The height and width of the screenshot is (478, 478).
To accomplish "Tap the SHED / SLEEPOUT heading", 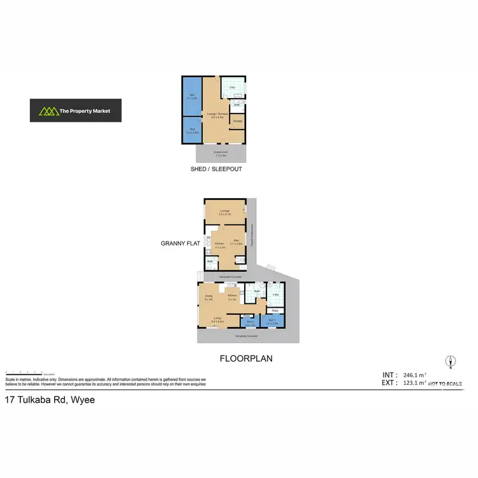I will click(x=216, y=170).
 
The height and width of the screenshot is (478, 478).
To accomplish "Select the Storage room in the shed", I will click(x=237, y=121).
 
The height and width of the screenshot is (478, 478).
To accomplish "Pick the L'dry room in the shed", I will click(x=233, y=87).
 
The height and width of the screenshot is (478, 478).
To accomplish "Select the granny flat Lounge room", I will click(x=224, y=212).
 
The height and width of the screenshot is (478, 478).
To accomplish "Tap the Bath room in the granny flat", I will click(x=210, y=262).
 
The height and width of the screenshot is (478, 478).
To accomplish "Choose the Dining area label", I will click(x=208, y=297).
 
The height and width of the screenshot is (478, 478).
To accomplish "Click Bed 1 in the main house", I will click(x=272, y=322).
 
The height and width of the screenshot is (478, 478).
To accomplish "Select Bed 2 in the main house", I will click(x=250, y=323).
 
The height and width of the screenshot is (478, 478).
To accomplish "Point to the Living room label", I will click(x=217, y=319).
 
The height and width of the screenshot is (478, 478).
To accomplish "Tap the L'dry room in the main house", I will click(x=276, y=294).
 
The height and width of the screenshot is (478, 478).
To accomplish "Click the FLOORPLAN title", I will click(x=246, y=359).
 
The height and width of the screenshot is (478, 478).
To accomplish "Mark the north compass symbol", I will click(x=449, y=361).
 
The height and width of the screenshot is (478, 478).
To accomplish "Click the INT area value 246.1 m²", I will click(x=417, y=375).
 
